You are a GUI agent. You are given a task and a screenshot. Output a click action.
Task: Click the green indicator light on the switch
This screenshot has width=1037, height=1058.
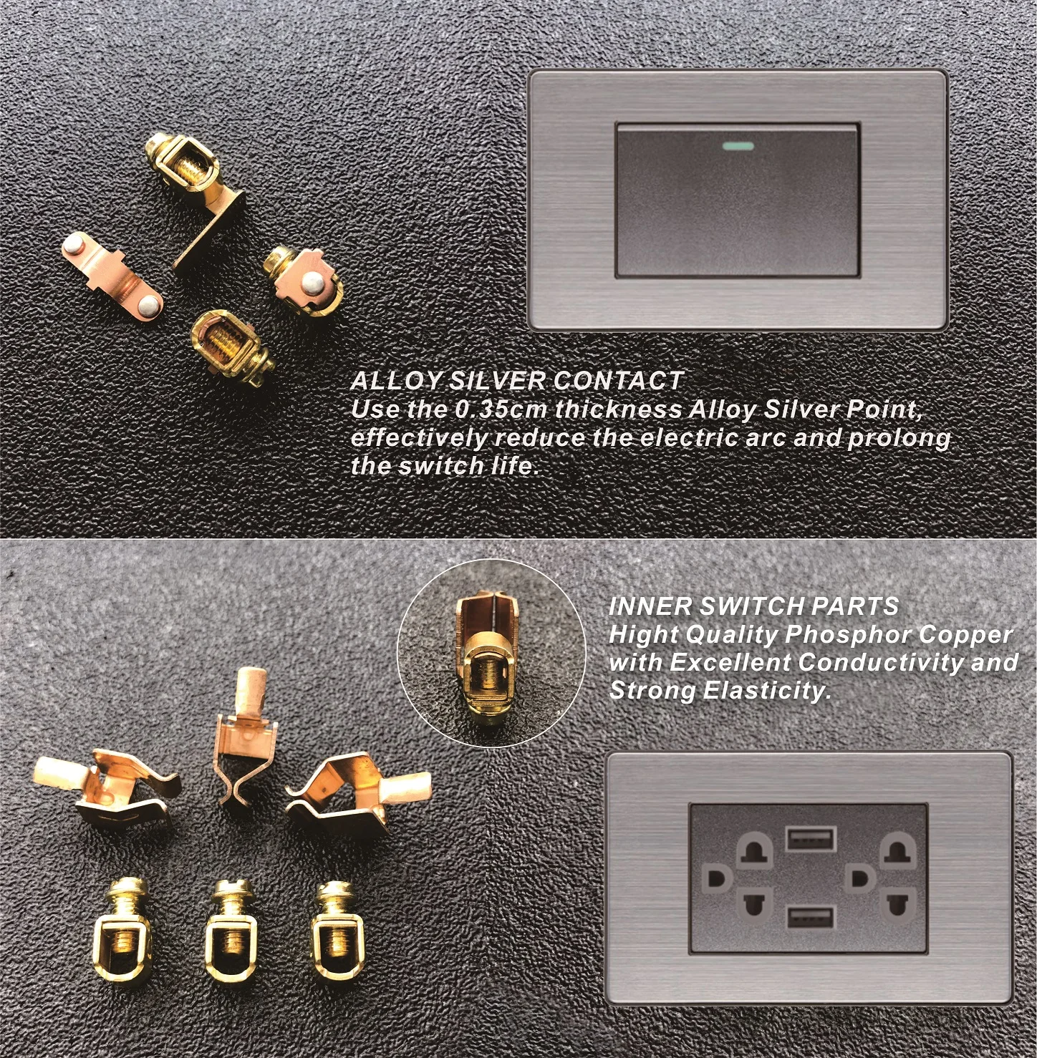pyautogui.click(x=738, y=147)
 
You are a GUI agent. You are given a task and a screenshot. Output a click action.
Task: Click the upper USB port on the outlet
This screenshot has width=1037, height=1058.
pyautogui.click(x=811, y=838)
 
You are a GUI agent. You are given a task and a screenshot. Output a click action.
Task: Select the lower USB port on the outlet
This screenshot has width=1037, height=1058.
pyautogui.click(x=811, y=917)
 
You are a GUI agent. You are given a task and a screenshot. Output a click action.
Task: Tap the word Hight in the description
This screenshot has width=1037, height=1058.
pyautogui.click(x=643, y=635)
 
